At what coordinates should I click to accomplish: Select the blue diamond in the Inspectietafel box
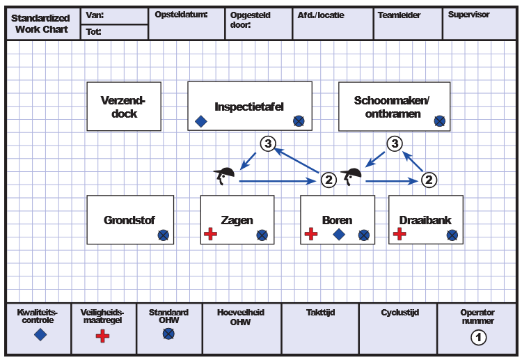pos(201,121)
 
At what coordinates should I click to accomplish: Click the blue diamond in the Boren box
pos(339,235)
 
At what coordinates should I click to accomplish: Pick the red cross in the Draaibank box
pos(400,235)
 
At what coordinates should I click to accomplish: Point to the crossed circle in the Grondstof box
pos(163,235)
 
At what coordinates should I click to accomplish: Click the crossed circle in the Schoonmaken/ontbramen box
pos(440,121)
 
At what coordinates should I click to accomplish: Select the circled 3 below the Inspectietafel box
pos(268,143)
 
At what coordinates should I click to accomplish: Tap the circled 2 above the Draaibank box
pos(430,180)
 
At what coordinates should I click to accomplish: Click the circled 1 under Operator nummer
pos(478,338)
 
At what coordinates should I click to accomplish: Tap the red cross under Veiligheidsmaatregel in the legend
pos(103,336)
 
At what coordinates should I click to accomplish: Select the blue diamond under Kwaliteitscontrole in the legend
pos(40,335)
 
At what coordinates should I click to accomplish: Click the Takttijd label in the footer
pos(320,313)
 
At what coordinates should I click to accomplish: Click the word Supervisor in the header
pos(468,15)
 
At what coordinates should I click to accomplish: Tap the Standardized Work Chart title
pos(41,24)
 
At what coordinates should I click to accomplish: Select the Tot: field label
pos(94,31)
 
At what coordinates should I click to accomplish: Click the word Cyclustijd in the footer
pos(397,313)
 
